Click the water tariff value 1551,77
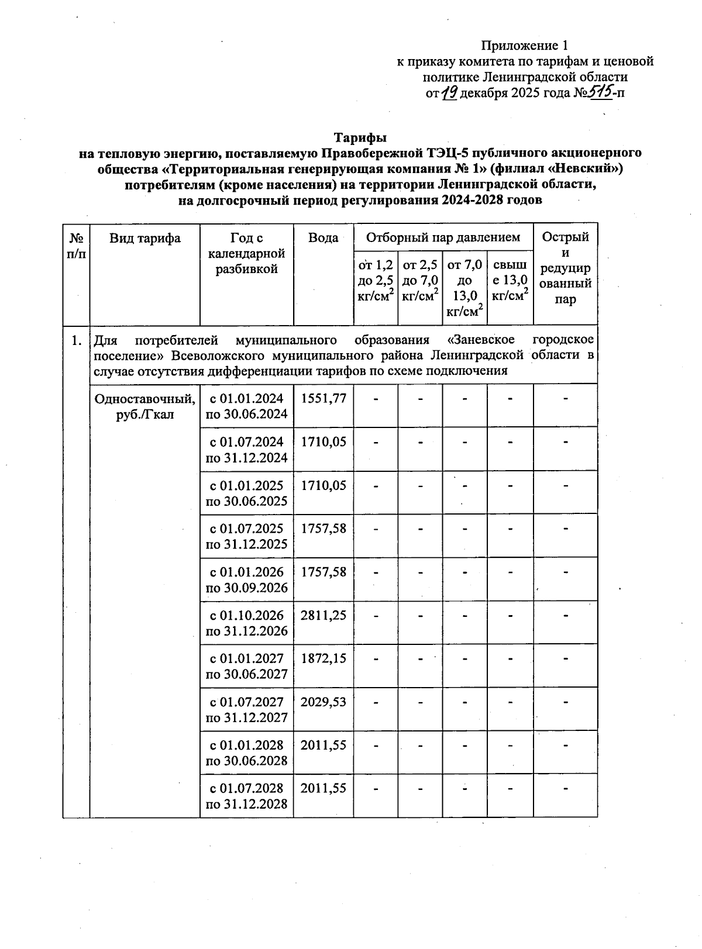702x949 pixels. click(x=324, y=399)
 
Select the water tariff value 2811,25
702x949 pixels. click(x=324, y=616)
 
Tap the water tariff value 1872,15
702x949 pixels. click(x=324, y=659)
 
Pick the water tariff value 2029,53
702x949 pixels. click(x=324, y=702)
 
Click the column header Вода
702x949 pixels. click(x=324, y=238)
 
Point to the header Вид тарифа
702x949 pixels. click(x=145, y=238)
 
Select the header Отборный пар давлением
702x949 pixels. click(x=443, y=237)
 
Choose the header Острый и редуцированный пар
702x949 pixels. click(x=565, y=268)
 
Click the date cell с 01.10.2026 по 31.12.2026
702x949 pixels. click(x=247, y=623)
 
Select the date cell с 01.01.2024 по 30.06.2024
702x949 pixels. click(x=247, y=406)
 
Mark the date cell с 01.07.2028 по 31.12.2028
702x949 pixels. click(x=247, y=796)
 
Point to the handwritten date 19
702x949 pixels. click(x=449, y=92)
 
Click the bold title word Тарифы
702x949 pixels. click(x=360, y=138)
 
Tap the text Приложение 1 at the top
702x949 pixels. click(x=524, y=46)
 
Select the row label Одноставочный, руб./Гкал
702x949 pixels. click(x=145, y=406)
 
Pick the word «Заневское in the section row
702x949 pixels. click(x=480, y=340)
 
